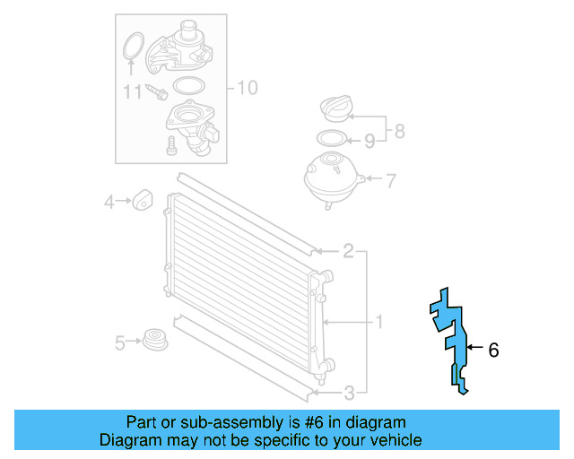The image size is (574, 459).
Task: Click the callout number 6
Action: (x=493, y=351)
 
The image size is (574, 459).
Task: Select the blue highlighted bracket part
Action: (x=451, y=336)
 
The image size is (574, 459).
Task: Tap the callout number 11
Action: (x=133, y=91)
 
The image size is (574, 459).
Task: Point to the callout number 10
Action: (x=247, y=88)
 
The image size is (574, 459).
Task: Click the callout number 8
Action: (x=399, y=131)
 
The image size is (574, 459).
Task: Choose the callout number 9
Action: (x=369, y=140)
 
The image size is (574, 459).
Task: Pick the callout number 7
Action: (x=391, y=180)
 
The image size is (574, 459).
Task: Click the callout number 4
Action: (x=109, y=203)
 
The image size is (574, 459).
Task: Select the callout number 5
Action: (x=119, y=342)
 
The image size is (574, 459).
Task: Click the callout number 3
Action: (x=348, y=392)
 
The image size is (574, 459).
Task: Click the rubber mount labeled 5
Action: (x=156, y=341)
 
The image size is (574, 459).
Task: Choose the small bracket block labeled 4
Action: (x=143, y=200)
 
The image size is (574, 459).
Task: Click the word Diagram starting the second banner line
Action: (x=126, y=440)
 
